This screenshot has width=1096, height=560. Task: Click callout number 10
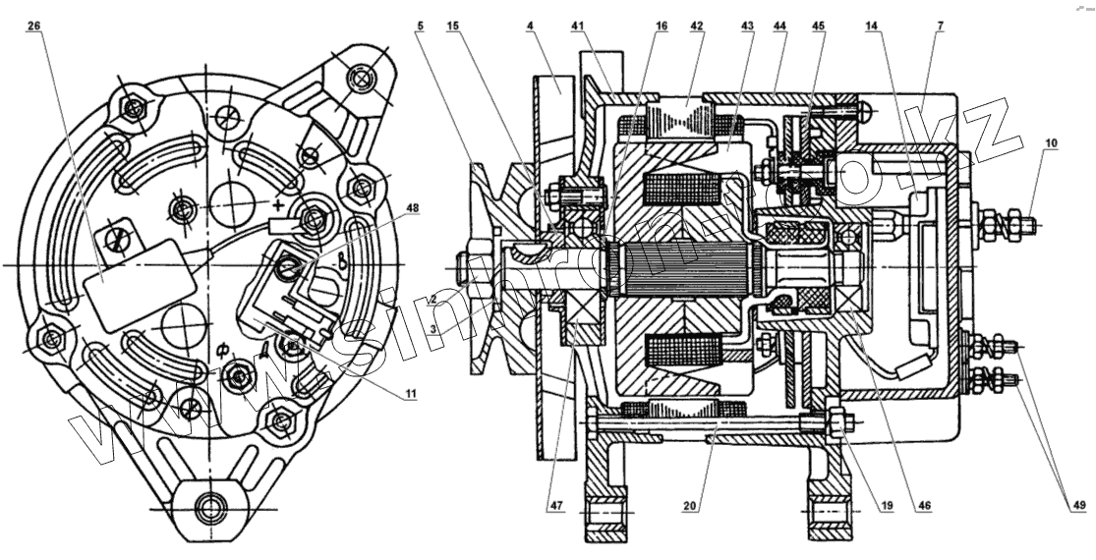pos(1051,144)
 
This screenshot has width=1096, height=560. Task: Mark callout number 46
pos(924,508)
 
